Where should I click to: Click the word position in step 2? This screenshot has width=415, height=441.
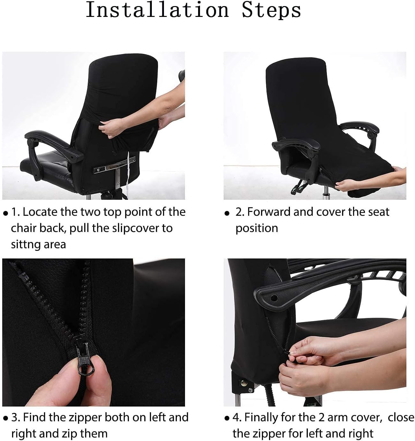point(256,228)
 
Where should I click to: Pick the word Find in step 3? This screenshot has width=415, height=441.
point(35,417)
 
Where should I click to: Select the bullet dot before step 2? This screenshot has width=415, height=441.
point(227,213)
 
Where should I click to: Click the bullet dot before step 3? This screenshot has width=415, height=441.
point(5,418)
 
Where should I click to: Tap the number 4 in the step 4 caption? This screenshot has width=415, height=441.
point(235,417)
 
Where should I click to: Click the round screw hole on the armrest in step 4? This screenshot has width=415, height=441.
point(274,298)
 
